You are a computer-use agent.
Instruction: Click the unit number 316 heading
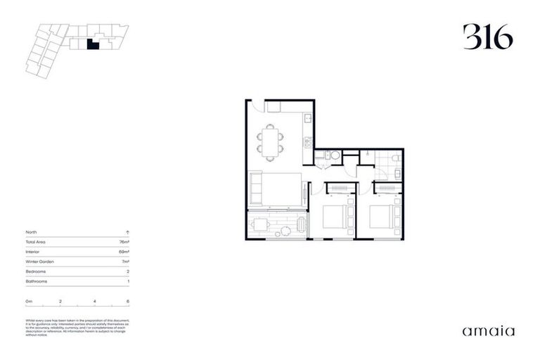(x=487, y=37)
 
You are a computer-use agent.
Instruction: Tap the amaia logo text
(x=488, y=330)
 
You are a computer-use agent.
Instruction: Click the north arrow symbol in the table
(x=127, y=231)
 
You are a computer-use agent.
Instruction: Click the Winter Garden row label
(x=40, y=261)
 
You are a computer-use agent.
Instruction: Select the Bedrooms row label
(x=36, y=271)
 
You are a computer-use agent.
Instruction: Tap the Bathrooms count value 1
(x=128, y=281)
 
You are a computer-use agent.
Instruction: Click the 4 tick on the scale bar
(x=94, y=301)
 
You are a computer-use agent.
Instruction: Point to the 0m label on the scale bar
(x=29, y=301)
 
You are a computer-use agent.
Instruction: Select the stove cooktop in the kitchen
(x=307, y=142)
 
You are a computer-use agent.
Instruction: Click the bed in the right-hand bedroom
(x=382, y=217)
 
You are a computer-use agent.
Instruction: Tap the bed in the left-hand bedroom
(x=336, y=217)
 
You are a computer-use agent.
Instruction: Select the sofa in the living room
(x=257, y=190)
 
